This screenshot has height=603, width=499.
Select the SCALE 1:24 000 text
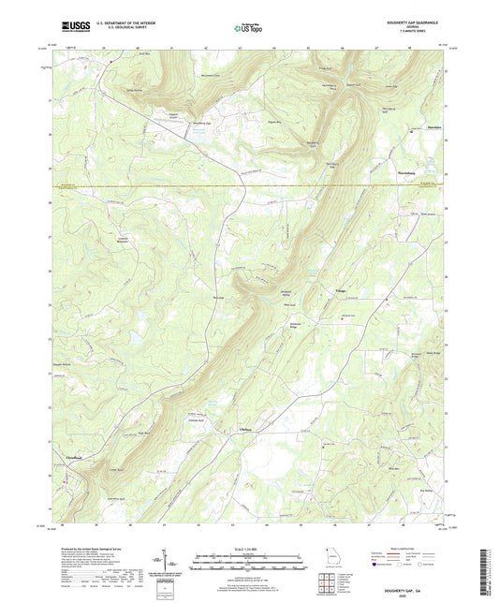click(247, 549)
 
